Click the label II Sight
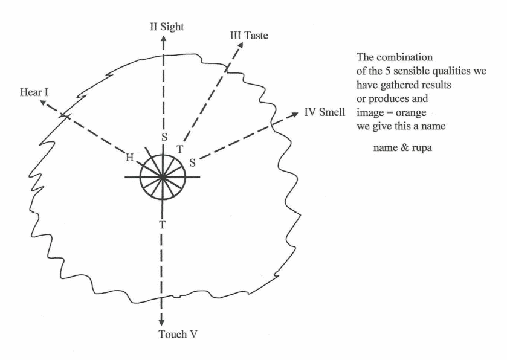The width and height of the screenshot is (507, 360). (167, 27)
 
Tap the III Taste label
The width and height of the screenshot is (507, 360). (249, 35)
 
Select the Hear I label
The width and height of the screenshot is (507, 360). (34, 92)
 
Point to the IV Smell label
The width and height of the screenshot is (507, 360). (325, 112)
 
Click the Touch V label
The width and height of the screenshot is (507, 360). (178, 334)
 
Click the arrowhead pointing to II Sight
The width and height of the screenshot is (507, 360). (164, 39)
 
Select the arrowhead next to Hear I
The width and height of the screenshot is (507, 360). (43, 103)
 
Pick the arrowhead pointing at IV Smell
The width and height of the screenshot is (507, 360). (295, 114)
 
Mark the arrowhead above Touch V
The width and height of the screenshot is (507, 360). (161, 323)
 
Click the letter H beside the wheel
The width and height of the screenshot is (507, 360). (129, 158)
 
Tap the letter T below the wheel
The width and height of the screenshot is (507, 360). (163, 224)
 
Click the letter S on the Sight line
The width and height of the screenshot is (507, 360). (164, 137)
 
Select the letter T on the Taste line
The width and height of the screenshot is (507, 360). (180, 149)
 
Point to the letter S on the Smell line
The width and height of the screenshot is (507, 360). (192, 162)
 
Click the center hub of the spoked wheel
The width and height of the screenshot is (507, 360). (163, 177)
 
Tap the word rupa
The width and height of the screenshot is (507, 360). (422, 148)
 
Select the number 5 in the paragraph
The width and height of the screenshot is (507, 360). (387, 71)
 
